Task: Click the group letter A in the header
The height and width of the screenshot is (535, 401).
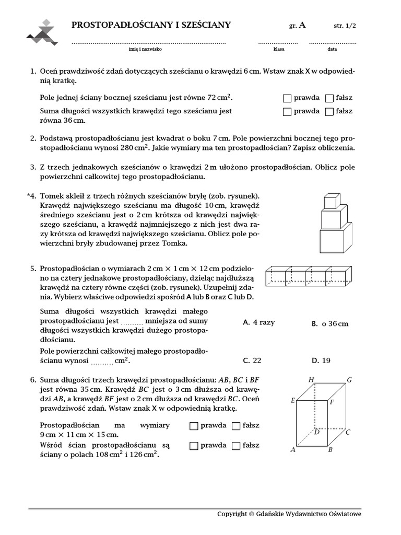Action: click(x=302, y=25)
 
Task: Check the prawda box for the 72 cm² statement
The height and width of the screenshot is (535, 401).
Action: click(x=287, y=98)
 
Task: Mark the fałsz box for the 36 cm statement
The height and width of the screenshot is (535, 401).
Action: click(x=329, y=111)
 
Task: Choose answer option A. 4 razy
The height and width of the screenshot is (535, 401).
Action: click(x=258, y=322)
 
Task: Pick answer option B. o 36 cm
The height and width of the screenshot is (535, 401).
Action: click(x=330, y=323)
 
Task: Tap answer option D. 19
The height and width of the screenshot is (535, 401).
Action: click(x=321, y=360)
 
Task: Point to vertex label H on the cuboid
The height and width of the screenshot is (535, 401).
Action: click(x=311, y=380)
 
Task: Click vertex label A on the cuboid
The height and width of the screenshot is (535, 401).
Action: click(x=292, y=449)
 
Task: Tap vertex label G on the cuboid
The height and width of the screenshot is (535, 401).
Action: click(x=349, y=380)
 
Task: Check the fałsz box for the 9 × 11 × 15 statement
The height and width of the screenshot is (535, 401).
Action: click(x=235, y=426)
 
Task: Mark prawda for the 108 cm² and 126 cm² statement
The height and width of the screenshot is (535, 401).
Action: click(x=194, y=446)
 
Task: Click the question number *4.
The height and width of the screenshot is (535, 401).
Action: click(x=32, y=195)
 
